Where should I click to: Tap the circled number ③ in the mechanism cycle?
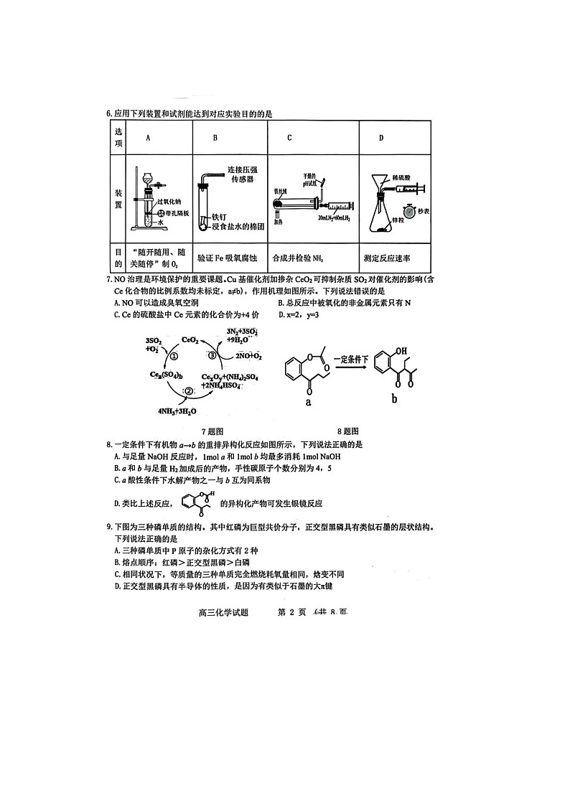click(212, 355)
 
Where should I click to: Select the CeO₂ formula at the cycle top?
click(190, 339)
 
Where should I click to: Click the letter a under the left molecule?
click(308, 403)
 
